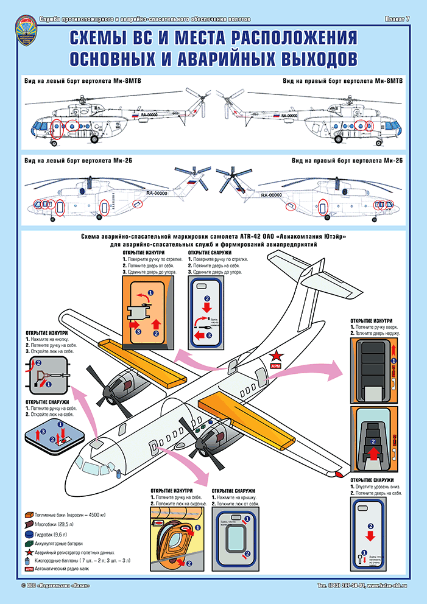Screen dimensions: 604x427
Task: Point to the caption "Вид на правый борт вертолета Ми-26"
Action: (x=348, y=161)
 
